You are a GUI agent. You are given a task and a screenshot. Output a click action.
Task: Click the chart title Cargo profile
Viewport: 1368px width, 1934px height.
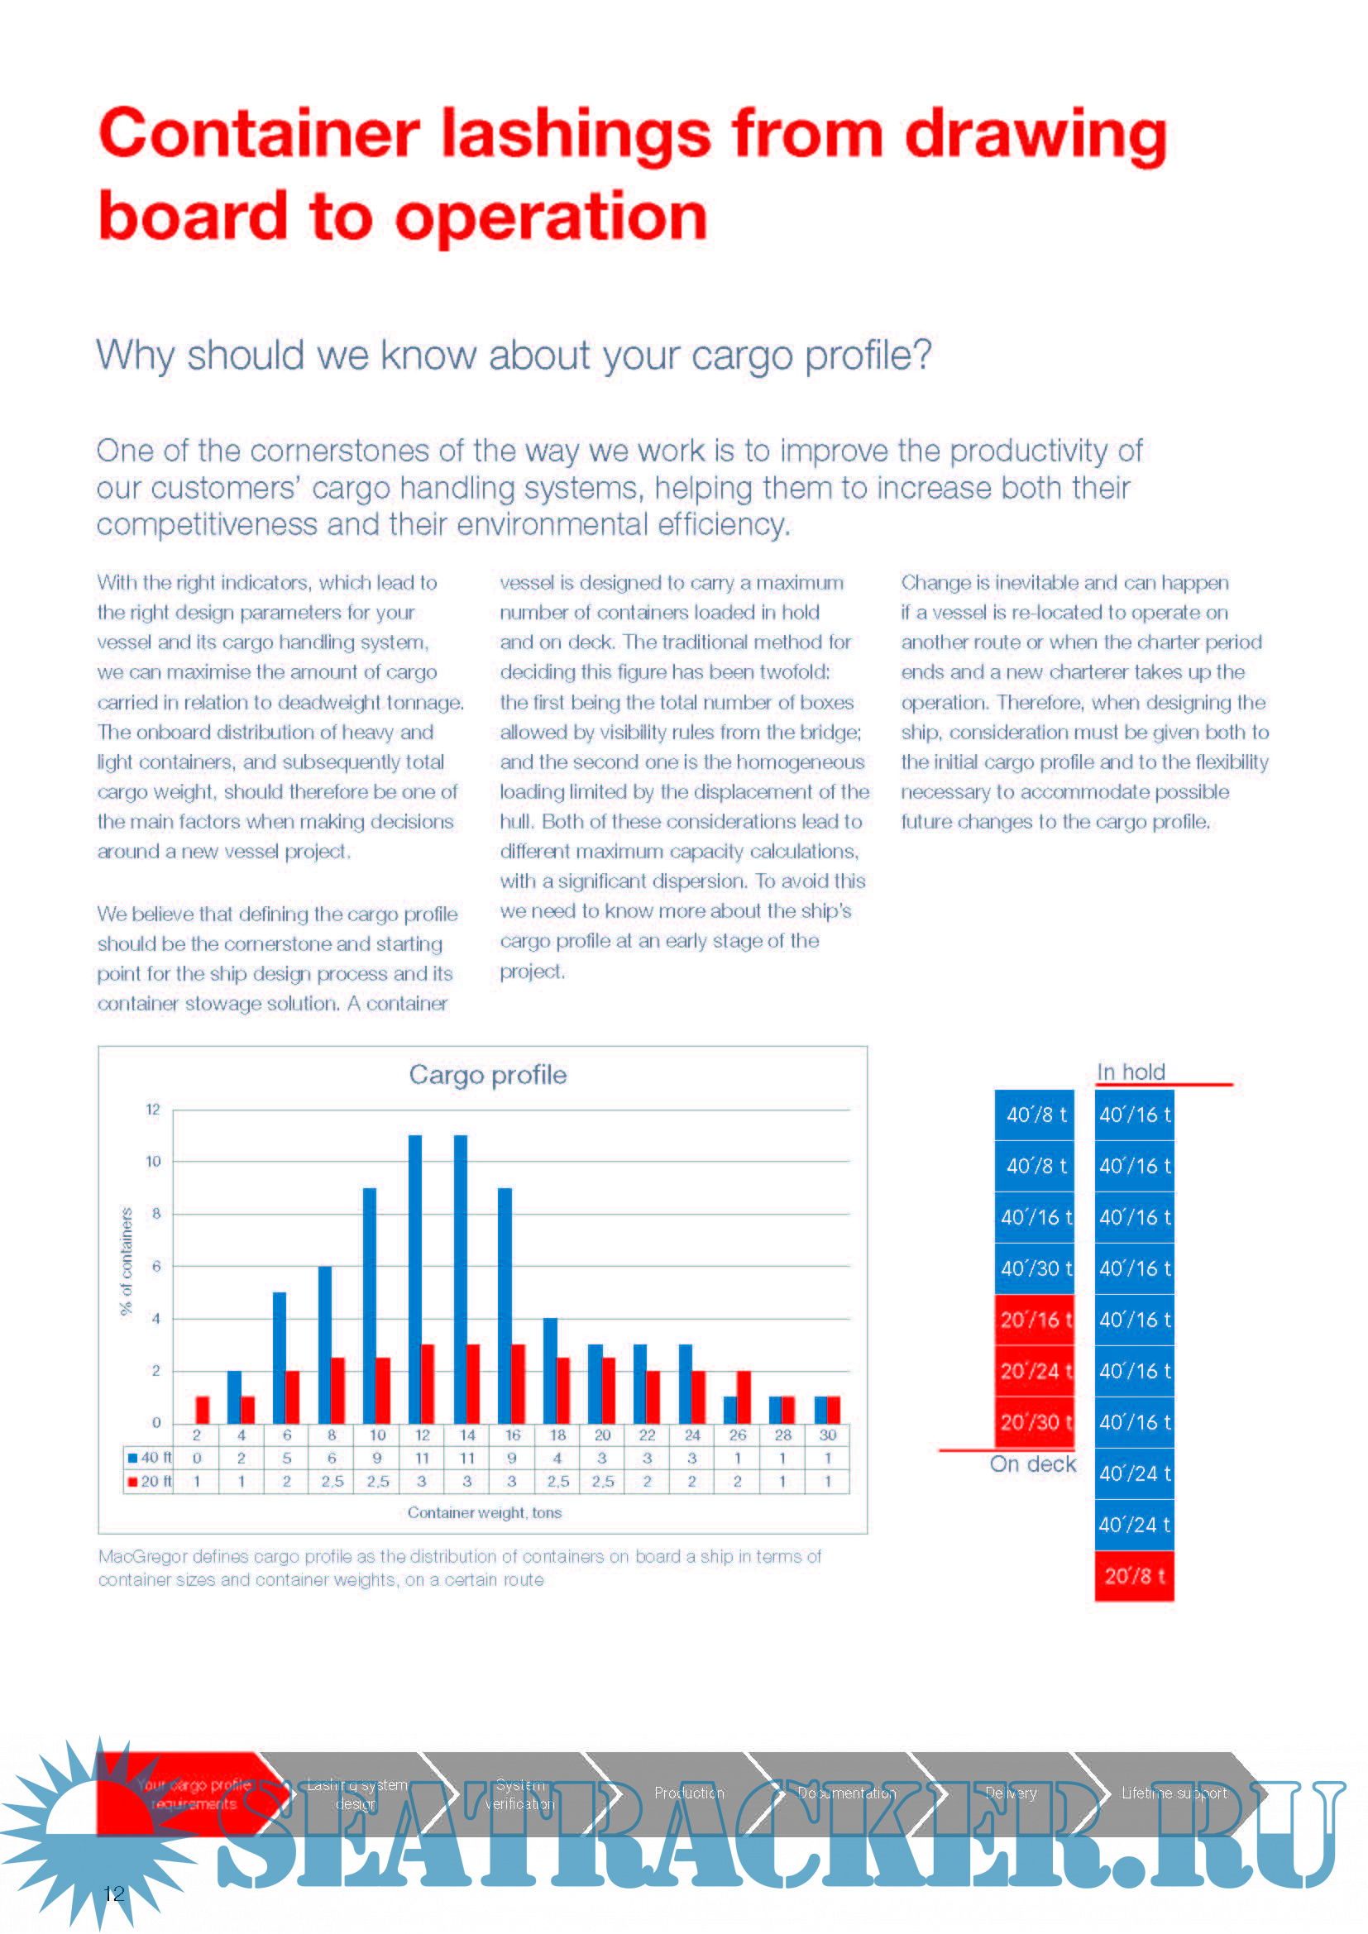click(488, 1075)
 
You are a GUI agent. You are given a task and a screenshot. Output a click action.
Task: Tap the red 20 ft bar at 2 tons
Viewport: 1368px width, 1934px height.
click(202, 1409)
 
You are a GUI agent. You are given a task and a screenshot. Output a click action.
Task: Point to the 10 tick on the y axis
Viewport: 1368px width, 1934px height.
click(153, 1162)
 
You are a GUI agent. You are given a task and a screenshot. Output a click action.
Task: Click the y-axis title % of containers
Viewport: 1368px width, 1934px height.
click(127, 1261)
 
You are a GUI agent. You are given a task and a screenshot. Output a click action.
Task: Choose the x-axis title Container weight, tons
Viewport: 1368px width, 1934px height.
click(485, 1513)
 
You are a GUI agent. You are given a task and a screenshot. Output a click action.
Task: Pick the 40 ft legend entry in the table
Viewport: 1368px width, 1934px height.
click(150, 1458)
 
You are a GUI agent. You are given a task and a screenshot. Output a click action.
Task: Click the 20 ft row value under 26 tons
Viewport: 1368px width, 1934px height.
click(737, 1482)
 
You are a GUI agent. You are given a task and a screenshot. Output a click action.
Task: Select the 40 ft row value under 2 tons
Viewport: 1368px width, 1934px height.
click(196, 1458)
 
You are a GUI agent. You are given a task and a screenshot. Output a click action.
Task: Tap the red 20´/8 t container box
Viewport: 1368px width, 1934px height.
click(1134, 1576)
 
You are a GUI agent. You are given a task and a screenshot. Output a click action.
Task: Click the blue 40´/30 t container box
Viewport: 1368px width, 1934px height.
click(1035, 1268)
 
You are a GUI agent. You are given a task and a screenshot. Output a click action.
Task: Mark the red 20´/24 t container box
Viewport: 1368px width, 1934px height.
click(1035, 1371)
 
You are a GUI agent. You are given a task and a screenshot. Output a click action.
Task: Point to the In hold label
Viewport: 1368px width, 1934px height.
click(1131, 1072)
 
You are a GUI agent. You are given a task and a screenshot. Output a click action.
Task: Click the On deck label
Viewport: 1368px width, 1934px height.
click(1033, 1465)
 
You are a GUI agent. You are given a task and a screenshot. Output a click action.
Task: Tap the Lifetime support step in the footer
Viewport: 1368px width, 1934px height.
click(1174, 1793)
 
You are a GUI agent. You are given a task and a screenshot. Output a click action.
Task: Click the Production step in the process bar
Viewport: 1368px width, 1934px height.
click(689, 1793)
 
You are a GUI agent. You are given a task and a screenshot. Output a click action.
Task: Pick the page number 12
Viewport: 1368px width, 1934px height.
click(113, 1894)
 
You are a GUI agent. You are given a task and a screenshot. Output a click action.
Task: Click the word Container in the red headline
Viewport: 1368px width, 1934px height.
click(260, 135)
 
